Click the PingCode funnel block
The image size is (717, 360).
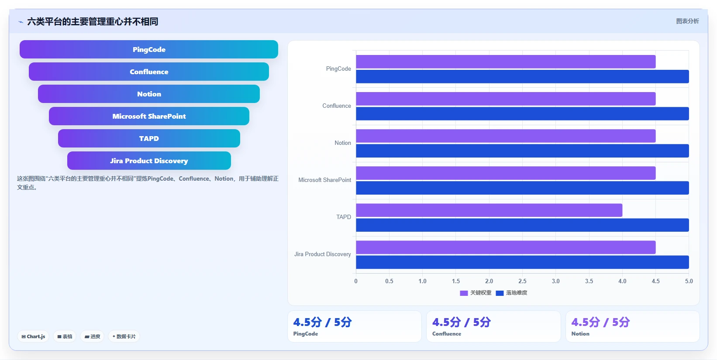(149, 49)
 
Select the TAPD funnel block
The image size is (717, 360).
(149, 138)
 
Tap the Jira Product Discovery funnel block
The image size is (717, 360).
(149, 161)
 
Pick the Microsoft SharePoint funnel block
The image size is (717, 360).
(149, 116)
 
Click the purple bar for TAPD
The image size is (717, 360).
(489, 210)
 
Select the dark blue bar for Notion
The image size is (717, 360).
(522, 151)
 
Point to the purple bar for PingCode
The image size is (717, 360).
(506, 62)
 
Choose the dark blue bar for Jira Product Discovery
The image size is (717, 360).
(522, 262)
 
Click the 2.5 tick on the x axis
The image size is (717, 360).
(522, 281)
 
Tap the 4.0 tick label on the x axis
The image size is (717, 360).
(622, 281)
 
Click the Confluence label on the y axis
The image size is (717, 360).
(336, 106)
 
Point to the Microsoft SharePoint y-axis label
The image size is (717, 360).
(324, 180)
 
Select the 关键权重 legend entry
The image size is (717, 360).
(476, 293)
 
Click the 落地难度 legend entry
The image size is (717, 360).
(511, 293)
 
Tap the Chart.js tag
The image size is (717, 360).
(33, 336)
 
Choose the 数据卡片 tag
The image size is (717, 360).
(124, 336)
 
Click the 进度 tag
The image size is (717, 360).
(92, 336)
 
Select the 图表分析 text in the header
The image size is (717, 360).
(687, 21)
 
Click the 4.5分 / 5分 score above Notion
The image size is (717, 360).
(600, 322)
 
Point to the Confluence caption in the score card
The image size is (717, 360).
(447, 334)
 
